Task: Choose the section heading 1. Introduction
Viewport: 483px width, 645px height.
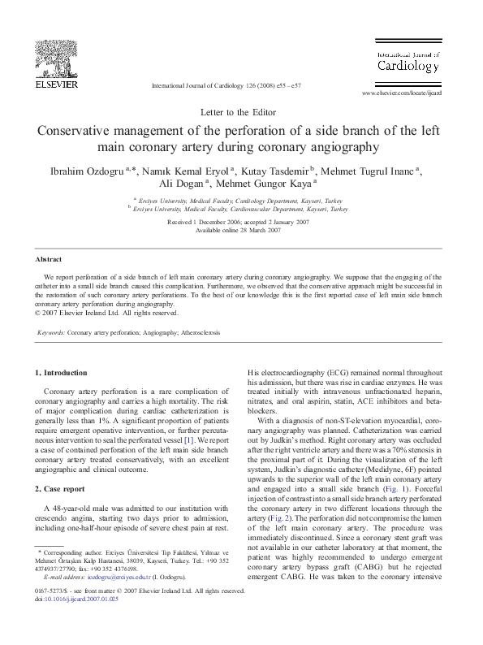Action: pyautogui.click(x=62, y=373)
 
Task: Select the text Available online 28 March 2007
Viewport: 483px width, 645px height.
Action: pyautogui.click(x=242, y=231)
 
